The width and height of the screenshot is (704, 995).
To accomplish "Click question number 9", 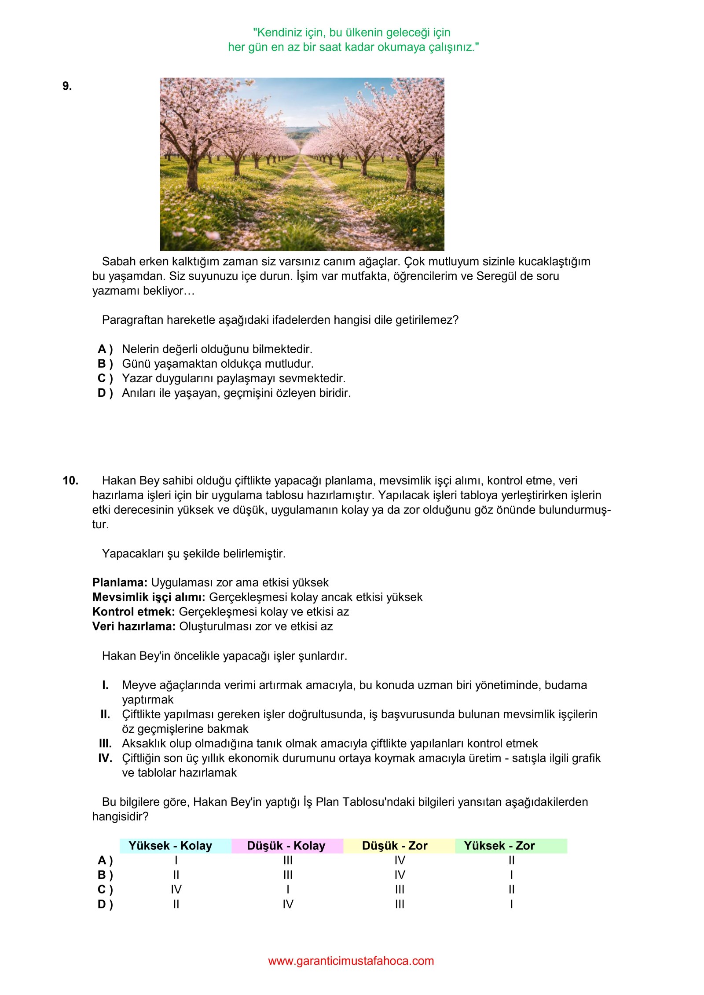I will [x=67, y=86].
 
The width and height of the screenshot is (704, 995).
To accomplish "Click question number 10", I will [x=70, y=480].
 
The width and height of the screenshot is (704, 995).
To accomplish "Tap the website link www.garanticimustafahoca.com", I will [x=351, y=961].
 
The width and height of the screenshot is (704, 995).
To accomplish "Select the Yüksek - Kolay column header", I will [x=170, y=845].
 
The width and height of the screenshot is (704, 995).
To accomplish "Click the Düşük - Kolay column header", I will [x=286, y=845].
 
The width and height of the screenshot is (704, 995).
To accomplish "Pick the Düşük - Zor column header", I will [x=395, y=845].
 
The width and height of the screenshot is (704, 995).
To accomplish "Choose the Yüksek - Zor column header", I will [x=499, y=845].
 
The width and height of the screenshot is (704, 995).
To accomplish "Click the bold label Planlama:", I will [x=120, y=582].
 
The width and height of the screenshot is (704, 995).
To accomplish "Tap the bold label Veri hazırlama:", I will [x=134, y=626].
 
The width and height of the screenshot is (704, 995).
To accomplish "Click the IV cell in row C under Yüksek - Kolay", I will [x=176, y=889].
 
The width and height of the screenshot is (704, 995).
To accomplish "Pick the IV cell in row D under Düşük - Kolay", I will [x=288, y=904].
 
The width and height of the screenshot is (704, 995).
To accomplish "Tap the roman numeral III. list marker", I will [x=105, y=743].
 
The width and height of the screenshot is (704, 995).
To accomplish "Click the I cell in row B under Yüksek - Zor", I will [x=511, y=875].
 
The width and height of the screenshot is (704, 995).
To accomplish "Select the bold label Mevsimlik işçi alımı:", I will [x=149, y=597].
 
